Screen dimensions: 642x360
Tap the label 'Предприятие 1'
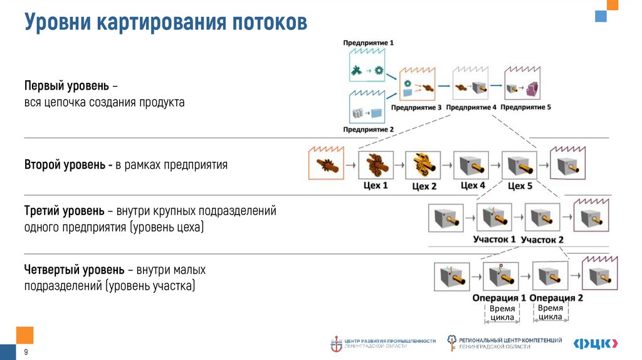click(x=369, y=43)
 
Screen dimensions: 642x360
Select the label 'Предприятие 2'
click(x=369, y=130)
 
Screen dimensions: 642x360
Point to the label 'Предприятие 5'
click(x=526, y=107)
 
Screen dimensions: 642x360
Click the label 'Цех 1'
click(x=376, y=186)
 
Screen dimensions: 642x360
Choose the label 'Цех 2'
click(x=424, y=186)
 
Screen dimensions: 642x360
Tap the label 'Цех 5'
click(x=520, y=186)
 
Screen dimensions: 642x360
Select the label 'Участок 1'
click(x=495, y=239)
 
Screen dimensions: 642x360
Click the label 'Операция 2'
click(x=556, y=298)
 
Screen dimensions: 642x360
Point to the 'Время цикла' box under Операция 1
click(x=502, y=313)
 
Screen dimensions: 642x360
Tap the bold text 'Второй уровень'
click(x=68, y=166)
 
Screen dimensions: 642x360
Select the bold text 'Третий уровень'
click(x=64, y=211)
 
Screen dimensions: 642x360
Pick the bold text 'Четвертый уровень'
click(x=74, y=270)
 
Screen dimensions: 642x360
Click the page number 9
click(x=26, y=352)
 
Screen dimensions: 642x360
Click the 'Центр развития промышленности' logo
click(x=383, y=343)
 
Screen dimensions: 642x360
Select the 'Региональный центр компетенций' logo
click(x=504, y=342)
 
